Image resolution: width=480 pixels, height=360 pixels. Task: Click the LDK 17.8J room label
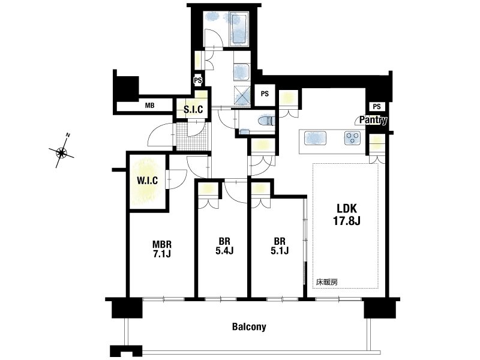pos(347,214)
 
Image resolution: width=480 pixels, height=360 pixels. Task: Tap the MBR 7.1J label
pos(162,249)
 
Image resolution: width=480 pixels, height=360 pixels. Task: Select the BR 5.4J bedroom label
pos(224,246)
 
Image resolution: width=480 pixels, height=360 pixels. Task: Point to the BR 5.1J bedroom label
pos(279,246)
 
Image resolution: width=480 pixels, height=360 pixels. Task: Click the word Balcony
pos(249,326)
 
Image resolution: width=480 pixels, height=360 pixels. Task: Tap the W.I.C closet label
pos(147,181)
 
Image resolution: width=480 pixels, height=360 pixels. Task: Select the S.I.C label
pos(193,109)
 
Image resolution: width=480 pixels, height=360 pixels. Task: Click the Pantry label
pos(373,120)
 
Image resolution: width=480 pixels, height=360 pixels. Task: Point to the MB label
pos(149,106)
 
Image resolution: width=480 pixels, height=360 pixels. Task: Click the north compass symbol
pos(62,152)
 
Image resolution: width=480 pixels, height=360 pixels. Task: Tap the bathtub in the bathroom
pos(239,29)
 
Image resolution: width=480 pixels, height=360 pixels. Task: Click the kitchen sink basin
pos(314,138)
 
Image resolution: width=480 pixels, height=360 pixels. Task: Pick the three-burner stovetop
pos(353,138)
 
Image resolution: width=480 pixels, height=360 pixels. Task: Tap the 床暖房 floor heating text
pos(327,282)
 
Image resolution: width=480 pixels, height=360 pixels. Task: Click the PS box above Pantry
pos(377,106)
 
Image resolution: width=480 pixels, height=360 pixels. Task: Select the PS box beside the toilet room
pos(265,94)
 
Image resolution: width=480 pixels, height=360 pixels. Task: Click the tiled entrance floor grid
pos(192,136)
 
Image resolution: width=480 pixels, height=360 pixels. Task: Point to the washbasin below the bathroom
pos(242,73)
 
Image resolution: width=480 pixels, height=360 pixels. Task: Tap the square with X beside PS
pos(242,96)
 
